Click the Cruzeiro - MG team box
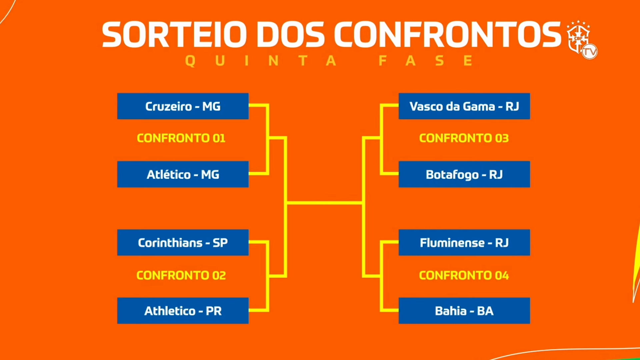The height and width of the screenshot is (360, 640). pos(183,106)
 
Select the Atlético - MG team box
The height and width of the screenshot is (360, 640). pos(183,174)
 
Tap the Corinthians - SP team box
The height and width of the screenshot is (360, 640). pos(183,242)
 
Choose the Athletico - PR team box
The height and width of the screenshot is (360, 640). pos(183,311)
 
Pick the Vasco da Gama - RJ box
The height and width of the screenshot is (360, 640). pos(464,106)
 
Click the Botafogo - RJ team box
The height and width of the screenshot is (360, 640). pos(464,174)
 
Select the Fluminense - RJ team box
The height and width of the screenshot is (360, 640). pos(464,242)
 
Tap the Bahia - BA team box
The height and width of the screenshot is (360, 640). pos(464,311)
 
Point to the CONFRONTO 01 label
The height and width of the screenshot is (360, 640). pos(181,138)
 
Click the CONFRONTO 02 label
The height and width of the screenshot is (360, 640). pos(181,275)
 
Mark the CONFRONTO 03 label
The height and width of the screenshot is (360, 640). pos(464,138)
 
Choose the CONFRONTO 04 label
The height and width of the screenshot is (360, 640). pos(464,275)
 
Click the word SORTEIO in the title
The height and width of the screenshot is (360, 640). pos(174,34)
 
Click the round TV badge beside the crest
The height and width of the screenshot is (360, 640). pos(590,52)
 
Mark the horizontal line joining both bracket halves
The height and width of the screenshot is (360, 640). pos(325,203)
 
